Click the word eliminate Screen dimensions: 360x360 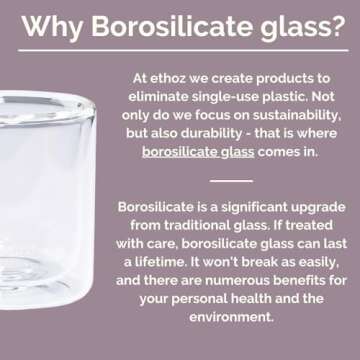[x=159, y=95]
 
